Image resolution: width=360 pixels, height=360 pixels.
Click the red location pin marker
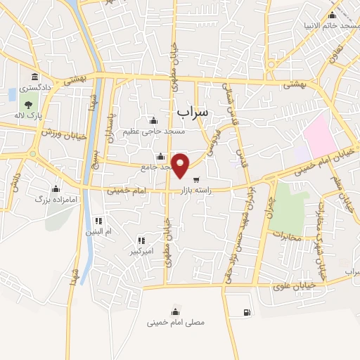click(181, 165)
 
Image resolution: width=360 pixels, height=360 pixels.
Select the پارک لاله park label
click(30, 115)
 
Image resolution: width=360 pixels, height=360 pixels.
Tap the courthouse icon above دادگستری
click(34, 77)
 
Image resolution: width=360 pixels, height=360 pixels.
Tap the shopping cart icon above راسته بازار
click(195, 179)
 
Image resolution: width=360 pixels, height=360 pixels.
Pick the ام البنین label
click(99, 231)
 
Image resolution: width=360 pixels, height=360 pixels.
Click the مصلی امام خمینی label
click(175, 323)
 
